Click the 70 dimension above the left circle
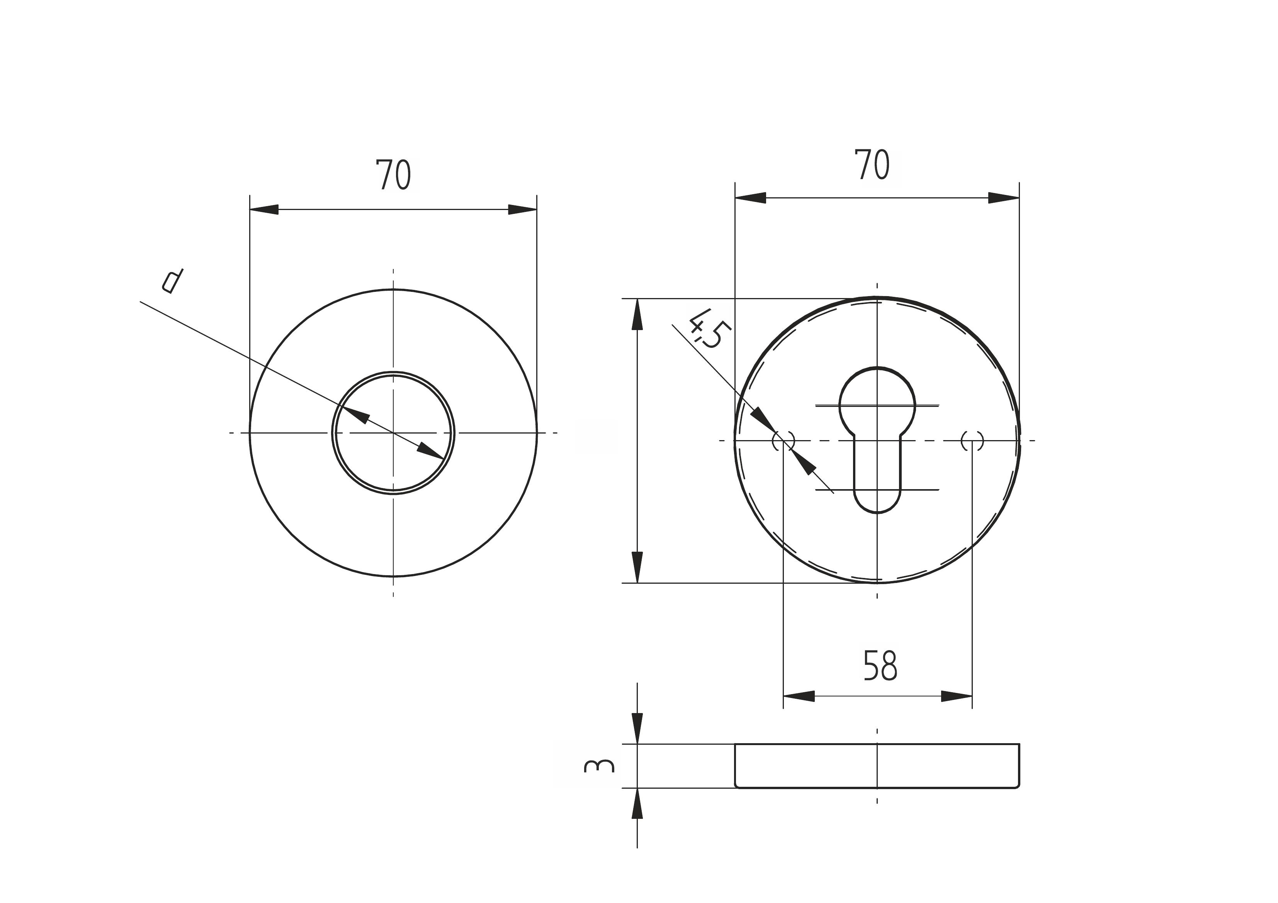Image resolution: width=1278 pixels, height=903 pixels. [x=394, y=175]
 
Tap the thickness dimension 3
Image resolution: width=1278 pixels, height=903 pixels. [x=599, y=766]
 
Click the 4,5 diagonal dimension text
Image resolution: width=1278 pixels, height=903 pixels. [x=706, y=329]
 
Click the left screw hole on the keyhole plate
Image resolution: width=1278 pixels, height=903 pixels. [x=783, y=441]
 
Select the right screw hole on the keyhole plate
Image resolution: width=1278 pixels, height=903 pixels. [x=972, y=441]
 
